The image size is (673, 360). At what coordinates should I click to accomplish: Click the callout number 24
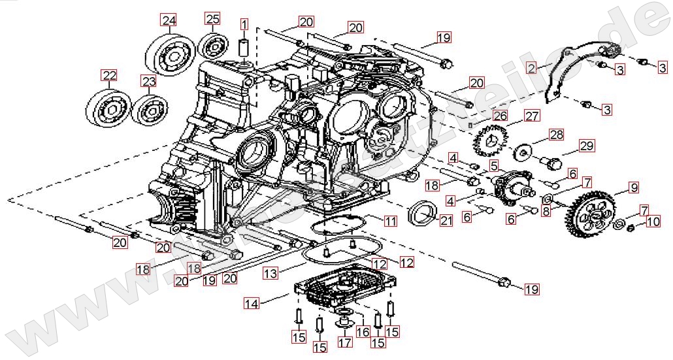pos(169,20)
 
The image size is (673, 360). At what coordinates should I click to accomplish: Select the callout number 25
pos(213,19)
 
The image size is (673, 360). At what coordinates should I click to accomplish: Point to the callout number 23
pos(149,81)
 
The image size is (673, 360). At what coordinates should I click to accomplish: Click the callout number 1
pos(244,25)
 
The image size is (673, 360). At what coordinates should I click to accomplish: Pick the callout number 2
pos(532,67)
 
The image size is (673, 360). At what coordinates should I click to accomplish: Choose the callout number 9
pos(633,188)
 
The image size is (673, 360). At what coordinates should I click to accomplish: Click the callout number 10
pos(653,222)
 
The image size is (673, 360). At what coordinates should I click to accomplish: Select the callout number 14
pos(252,303)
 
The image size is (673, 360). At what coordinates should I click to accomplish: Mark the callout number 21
pos(446,221)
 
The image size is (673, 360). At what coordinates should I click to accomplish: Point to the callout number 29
pos(586,146)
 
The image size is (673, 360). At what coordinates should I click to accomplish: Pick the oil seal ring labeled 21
pos(422,213)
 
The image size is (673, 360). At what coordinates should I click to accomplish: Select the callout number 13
pos(271,272)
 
